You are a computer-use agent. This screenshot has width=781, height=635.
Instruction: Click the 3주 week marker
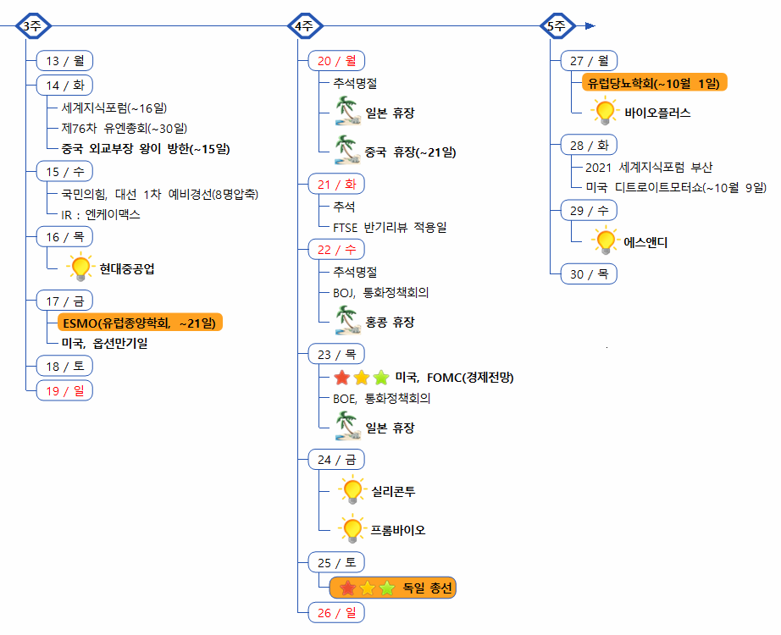(x=32, y=25)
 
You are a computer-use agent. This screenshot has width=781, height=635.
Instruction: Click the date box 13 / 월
(x=64, y=61)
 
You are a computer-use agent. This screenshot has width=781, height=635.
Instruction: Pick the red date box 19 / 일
(x=64, y=389)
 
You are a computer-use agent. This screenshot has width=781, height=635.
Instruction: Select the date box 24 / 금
(x=336, y=459)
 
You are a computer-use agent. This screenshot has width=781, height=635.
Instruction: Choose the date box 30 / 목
(x=589, y=273)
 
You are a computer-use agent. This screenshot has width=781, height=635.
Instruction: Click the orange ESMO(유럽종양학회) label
(x=136, y=323)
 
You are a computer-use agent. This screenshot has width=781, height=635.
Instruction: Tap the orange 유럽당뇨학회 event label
(x=654, y=83)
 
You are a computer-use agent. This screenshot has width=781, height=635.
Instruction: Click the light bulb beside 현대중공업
(x=80, y=268)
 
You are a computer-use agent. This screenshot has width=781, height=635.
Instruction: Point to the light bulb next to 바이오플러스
(x=605, y=112)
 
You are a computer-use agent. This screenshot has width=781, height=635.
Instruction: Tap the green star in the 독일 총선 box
(x=387, y=588)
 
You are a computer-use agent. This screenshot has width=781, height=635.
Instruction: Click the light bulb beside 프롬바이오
(x=352, y=530)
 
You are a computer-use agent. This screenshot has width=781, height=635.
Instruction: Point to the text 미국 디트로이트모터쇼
(x=675, y=187)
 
